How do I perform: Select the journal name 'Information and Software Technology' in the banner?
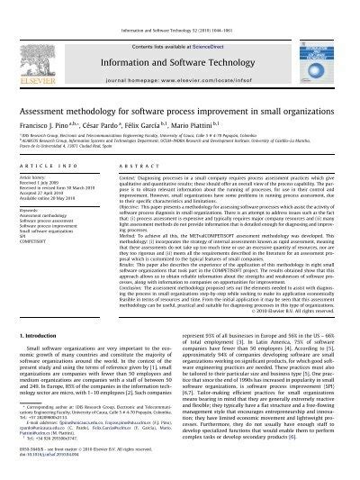point(180,38)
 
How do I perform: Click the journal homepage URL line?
point(180,56)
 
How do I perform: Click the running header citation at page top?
point(180,5)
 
